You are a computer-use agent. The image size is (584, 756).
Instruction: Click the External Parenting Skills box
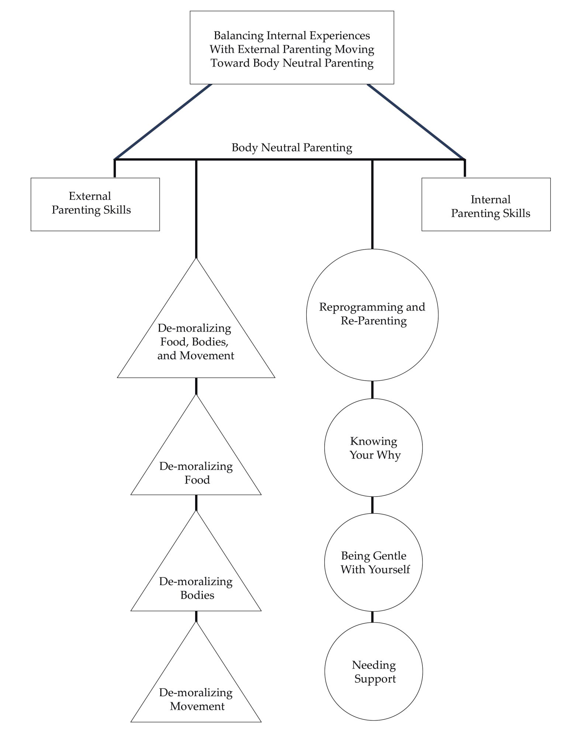pyautogui.click(x=95, y=204)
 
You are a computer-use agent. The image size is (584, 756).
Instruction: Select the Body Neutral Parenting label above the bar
pyautogui.click(x=291, y=148)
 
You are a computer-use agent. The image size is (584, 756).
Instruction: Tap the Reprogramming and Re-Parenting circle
pyautogui.click(x=372, y=315)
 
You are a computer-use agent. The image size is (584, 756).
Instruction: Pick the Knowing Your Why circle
pyautogui.click(x=373, y=448)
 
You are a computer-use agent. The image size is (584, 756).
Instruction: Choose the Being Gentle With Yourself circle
pyautogui.click(x=373, y=562)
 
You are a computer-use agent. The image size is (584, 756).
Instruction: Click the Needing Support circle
pyautogui.click(x=373, y=671)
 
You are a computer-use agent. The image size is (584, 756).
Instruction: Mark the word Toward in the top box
pyautogui.click(x=230, y=63)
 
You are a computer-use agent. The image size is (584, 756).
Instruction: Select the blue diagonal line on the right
pyautogui.click(x=416, y=122)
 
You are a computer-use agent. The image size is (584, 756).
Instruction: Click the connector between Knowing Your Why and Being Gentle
pyautogui.click(x=372, y=505)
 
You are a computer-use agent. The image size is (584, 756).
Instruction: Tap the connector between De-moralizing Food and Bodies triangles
pyautogui.click(x=196, y=502)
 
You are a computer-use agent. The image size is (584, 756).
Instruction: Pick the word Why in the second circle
pyautogui.click(x=389, y=455)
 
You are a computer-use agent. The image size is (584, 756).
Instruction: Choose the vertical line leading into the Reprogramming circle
pyautogui.click(x=372, y=205)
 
